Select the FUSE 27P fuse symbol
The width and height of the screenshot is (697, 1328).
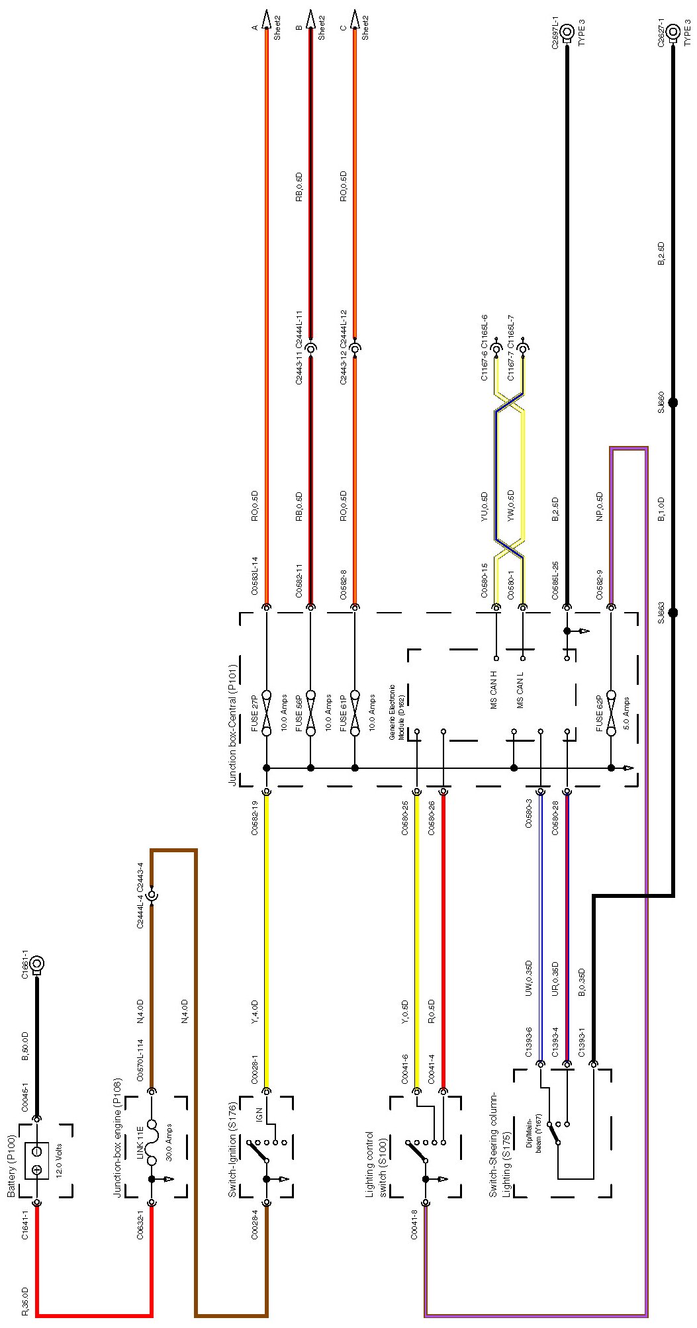267,713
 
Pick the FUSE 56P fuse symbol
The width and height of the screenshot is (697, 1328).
310,713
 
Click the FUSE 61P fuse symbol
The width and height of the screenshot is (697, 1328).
355,713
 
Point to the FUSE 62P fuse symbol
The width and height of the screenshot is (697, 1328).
611,713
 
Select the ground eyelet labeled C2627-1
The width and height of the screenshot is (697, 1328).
673,31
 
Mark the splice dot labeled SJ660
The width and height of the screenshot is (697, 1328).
673,402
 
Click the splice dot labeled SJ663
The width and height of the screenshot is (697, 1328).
673,613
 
